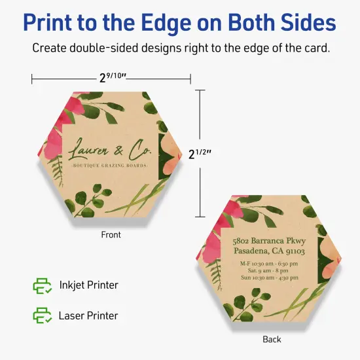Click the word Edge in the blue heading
point(167,23)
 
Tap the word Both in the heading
point(251,22)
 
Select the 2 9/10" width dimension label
point(113,77)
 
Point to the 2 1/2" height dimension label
point(200,153)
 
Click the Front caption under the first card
point(111,234)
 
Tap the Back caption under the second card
point(272,339)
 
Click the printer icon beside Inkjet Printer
point(43,286)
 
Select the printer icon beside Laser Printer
point(43,315)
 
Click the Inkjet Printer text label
point(89,285)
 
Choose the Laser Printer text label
point(88,315)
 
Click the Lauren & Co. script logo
point(110,149)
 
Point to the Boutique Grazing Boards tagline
point(109,166)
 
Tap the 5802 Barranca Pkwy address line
point(269,241)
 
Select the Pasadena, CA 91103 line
point(269,251)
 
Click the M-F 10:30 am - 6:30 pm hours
point(269,264)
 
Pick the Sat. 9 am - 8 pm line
point(268,270)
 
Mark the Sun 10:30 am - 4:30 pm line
point(270,278)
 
